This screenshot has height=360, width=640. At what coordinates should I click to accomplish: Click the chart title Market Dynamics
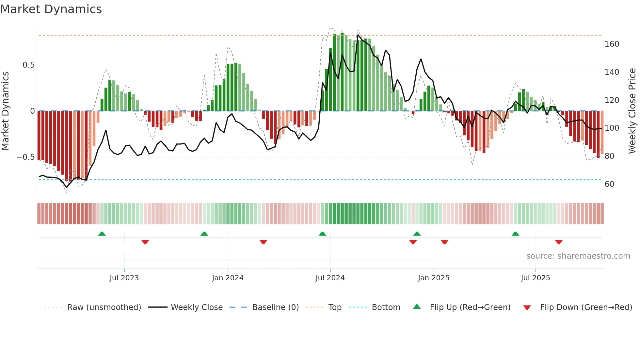51,9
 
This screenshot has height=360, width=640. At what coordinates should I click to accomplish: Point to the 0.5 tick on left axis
29,65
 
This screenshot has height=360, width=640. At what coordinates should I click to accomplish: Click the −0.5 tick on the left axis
26,157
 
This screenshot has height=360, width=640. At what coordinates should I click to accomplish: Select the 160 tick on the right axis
612,44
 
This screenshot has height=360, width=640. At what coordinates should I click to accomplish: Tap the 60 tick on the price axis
609,184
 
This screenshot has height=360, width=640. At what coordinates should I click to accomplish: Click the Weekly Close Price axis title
632,111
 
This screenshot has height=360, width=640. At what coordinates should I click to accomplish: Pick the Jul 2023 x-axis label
124,278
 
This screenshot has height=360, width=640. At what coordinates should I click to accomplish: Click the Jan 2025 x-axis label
434,278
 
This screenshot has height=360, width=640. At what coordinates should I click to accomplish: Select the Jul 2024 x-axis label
330,278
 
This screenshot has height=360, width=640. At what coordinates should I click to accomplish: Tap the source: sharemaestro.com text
578,256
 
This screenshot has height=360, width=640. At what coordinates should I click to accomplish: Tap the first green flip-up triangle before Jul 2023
102,234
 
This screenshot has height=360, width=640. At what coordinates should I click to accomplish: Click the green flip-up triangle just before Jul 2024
322,234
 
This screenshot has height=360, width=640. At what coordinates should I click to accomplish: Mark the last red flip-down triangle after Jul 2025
559,242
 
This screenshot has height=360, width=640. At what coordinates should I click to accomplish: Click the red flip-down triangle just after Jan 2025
444,242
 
